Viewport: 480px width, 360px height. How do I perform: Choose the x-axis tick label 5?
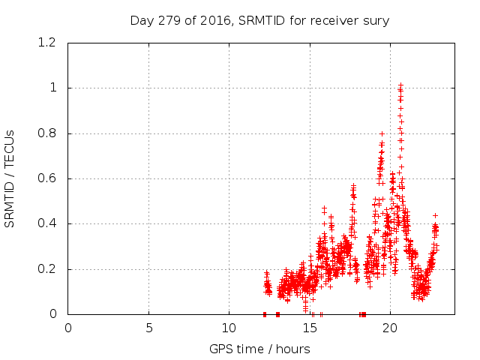148,327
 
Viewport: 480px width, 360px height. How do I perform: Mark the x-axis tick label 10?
229,327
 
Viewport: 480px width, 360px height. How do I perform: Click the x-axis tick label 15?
310,327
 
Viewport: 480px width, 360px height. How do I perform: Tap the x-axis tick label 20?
390,327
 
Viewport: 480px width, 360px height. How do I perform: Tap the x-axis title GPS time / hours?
260,349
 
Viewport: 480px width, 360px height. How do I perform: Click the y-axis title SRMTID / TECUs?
10,178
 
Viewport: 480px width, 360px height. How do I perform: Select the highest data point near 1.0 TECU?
400,85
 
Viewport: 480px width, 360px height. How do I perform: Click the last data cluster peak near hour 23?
435,216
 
